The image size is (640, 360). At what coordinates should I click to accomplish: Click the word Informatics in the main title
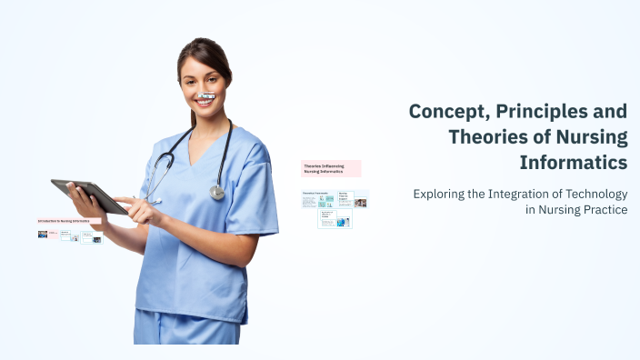click(573, 163)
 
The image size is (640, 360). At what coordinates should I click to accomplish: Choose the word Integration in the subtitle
click(515, 194)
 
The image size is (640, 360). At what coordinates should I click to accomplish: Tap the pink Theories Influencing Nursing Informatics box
click(331, 168)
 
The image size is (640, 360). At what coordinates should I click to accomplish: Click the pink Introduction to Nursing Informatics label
click(69, 221)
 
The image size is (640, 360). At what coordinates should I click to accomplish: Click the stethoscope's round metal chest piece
click(217, 192)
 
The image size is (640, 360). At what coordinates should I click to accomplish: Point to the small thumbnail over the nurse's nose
click(207, 95)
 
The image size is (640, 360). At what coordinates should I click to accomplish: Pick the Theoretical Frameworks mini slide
click(318, 199)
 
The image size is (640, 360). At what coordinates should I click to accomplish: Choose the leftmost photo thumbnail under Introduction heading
click(43, 235)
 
